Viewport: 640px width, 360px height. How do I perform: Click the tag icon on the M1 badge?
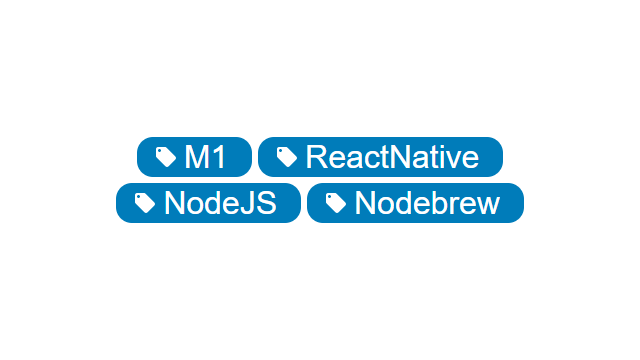click(166, 157)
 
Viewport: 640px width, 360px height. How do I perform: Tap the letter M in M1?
click(196, 157)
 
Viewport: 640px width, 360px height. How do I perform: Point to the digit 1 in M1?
click(218, 157)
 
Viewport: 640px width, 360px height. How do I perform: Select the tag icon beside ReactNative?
click(287, 157)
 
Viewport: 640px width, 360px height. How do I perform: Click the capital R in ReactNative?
click(317, 157)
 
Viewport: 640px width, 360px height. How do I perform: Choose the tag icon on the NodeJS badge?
click(145, 203)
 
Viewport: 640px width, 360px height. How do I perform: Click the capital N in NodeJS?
click(175, 203)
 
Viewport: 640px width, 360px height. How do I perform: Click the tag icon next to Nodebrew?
click(336, 203)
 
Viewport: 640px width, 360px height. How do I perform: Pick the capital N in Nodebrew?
click(366, 203)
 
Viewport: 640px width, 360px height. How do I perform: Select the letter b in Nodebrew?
click(438, 203)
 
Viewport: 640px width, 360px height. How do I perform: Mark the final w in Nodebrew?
click(488, 205)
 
